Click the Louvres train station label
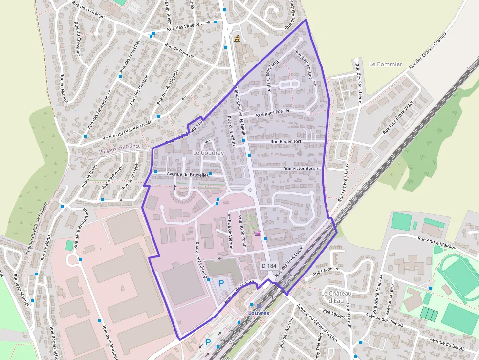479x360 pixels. [259, 313]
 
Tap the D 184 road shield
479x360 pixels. [269, 265]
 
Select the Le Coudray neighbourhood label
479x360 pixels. [208, 153]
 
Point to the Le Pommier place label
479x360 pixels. [386, 64]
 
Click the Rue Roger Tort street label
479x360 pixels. [286, 142]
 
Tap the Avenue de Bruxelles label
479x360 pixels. [187, 174]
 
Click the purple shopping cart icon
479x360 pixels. [257, 233]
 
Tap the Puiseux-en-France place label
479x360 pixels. [120, 146]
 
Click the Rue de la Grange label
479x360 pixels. [88, 9]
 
